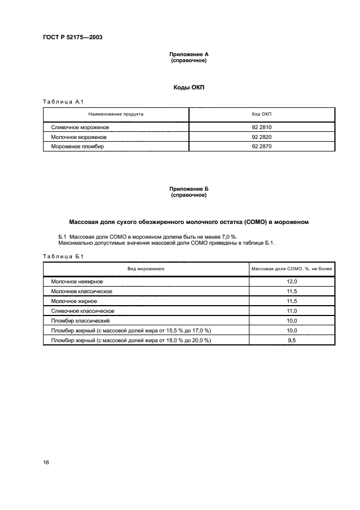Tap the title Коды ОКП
188,87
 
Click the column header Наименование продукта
116,115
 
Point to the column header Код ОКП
261,115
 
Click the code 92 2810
261,127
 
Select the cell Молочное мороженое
80,137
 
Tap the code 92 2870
261,147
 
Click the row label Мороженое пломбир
77,147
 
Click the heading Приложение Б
188,189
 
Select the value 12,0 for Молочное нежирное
291,282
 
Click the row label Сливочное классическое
81,311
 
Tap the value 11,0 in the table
291,311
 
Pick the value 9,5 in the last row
291,340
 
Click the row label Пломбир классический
80,320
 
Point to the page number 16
46,462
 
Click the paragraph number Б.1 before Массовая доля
62,237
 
